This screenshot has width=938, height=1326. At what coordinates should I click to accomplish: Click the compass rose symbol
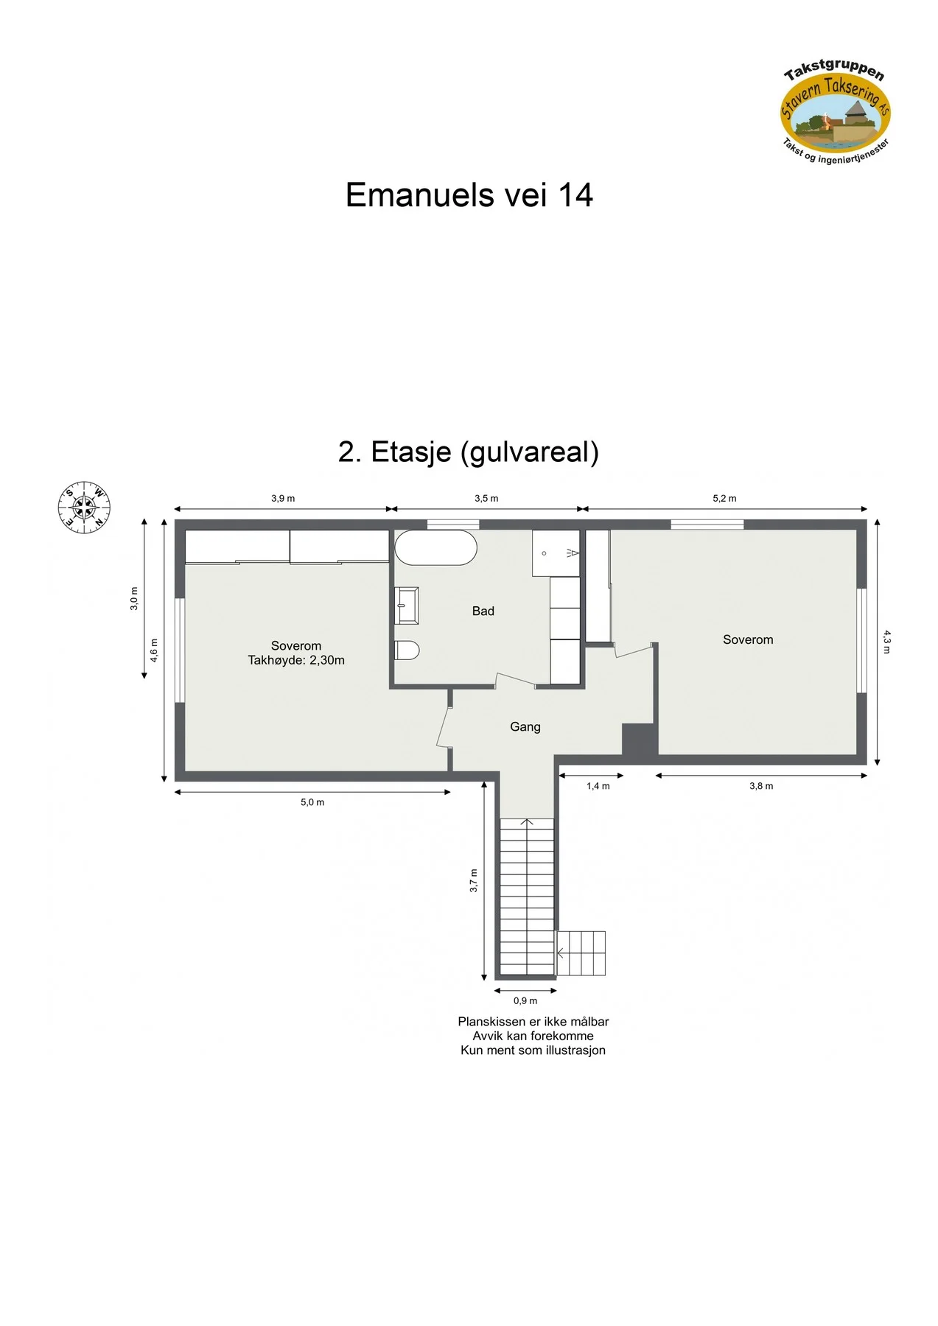coord(84,508)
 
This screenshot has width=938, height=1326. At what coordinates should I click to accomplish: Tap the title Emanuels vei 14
coord(469,195)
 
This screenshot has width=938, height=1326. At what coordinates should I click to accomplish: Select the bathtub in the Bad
coord(436,547)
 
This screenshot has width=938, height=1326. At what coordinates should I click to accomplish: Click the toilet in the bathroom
coord(407,650)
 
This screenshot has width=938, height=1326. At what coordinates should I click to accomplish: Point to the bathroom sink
coord(407,606)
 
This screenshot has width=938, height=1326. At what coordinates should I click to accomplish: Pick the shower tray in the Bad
coord(556,553)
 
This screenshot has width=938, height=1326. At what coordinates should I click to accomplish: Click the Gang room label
coord(525,727)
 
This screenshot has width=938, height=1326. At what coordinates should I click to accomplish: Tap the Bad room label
coord(483,611)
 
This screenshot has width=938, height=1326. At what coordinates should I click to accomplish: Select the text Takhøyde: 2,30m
coord(296,660)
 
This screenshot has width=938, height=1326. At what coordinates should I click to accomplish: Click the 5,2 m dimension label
coord(724,499)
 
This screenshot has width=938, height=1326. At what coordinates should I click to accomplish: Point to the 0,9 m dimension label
coord(525,1001)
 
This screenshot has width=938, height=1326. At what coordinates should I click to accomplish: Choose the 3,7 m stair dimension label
coord(474,881)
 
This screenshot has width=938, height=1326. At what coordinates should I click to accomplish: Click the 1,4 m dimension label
coord(598,786)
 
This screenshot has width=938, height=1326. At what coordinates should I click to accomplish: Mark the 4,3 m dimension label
coord(887,642)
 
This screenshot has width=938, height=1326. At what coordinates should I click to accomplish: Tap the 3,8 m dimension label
coord(761,786)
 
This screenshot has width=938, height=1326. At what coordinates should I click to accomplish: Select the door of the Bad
coord(515,681)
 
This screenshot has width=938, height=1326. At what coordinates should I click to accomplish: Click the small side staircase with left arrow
coord(581,953)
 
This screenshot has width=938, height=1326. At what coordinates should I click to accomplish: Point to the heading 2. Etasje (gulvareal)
coord(469,452)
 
